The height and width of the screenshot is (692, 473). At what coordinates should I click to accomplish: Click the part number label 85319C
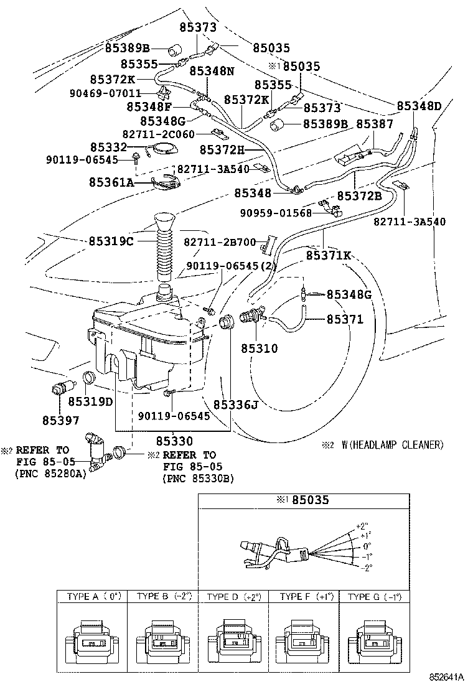[111, 241]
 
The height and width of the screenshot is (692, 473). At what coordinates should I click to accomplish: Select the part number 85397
[60, 421]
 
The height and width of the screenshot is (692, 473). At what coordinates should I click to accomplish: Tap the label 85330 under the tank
[174, 441]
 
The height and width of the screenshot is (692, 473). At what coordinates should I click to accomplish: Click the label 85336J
[235, 405]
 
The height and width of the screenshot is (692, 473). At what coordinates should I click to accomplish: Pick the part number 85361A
[111, 183]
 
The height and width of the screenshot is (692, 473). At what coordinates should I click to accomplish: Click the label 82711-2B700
[220, 241]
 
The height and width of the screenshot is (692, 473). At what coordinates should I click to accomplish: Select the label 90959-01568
[276, 213]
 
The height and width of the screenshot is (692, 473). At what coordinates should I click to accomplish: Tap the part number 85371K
[329, 255]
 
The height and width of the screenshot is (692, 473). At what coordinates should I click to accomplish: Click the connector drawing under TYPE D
[233, 641]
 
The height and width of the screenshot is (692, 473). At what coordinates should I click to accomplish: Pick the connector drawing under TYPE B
[162, 641]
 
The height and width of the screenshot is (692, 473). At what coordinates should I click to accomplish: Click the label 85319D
[90, 401]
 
